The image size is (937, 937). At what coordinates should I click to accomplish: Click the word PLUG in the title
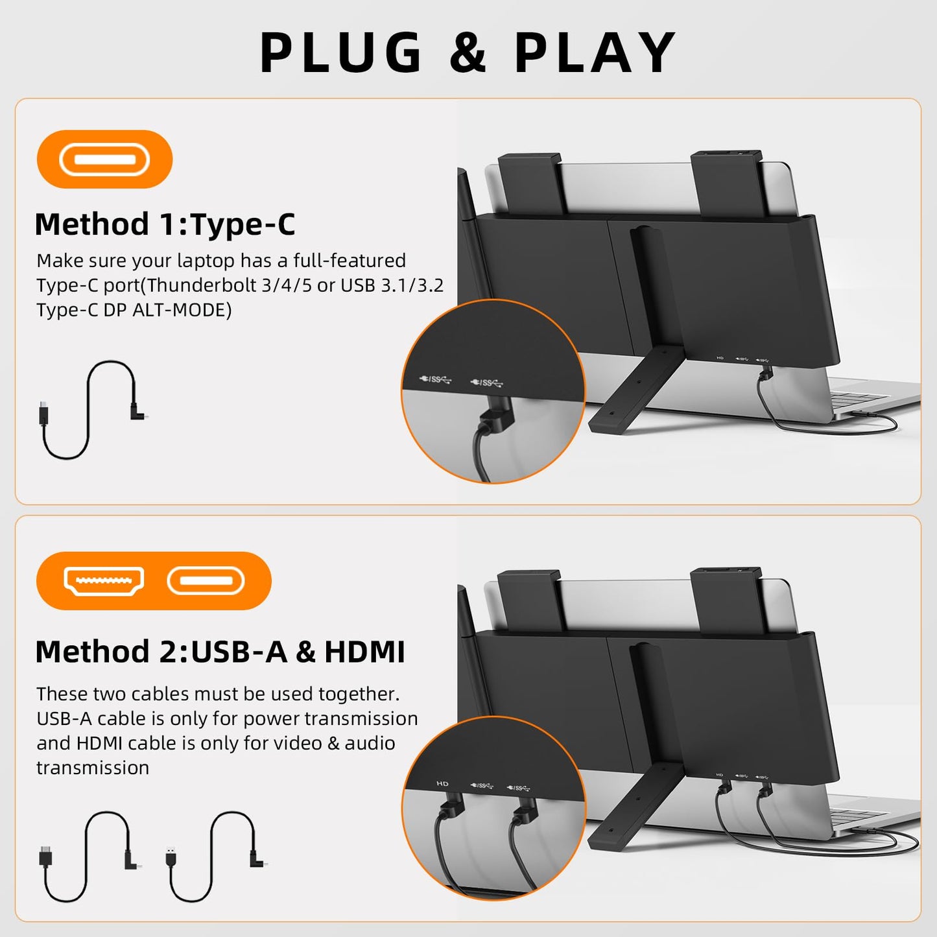pos(341,53)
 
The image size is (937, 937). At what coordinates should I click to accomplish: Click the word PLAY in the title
pos(595,53)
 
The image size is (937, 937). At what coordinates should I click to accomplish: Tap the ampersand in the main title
pos(468,53)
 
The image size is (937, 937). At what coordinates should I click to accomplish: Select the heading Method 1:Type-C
pos(165,224)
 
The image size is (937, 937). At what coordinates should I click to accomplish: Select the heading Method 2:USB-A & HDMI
pos(220,652)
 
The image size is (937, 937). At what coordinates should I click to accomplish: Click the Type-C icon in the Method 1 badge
pos(104,160)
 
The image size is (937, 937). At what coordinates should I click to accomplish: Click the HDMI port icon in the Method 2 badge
pos(104,580)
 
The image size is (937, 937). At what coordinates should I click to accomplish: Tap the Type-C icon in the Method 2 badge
pos(206,580)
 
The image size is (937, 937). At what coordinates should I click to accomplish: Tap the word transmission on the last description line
pos(93,768)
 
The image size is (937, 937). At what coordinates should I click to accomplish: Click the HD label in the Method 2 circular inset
pos(442,783)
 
